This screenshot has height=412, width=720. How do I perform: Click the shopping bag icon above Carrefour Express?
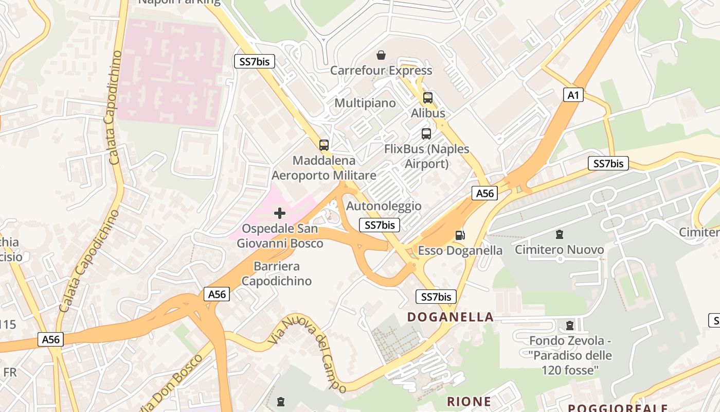coord(381,55)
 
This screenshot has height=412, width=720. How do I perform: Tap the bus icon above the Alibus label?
coord(427,97)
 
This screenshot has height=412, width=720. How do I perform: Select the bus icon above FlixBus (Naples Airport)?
coord(426,134)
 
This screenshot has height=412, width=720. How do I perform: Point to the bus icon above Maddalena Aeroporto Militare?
coord(323,145)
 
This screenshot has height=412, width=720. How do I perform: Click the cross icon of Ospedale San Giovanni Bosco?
coord(280,213)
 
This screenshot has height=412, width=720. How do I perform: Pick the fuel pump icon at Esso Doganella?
coord(460,235)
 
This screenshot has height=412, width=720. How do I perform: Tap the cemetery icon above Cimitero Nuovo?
coord(559,235)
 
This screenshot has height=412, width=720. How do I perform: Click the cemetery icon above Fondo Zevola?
coord(569,325)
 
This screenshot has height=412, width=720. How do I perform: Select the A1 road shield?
coord(573,95)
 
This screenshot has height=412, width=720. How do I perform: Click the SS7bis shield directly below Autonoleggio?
coord(380,225)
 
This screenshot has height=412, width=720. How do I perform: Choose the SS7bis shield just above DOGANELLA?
coord(436,297)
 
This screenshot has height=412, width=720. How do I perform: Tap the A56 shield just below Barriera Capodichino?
coord(217,294)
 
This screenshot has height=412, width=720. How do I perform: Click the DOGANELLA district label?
coord(451,317)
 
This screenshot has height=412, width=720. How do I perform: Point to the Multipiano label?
coord(365,103)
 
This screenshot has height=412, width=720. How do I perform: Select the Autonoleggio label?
coord(384,206)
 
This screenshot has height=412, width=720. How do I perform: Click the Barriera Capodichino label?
coord(277,273)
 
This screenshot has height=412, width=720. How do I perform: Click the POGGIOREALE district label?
coord(617,407)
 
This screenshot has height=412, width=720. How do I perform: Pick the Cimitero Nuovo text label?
coord(560,250)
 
